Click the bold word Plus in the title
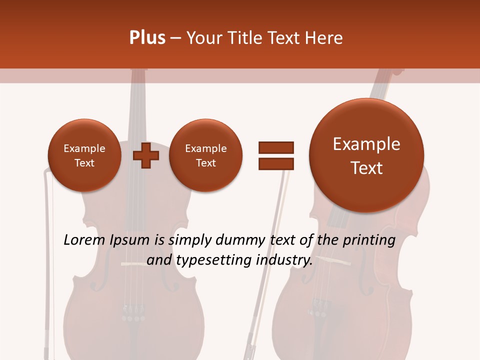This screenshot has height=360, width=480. pyautogui.click(x=147, y=38)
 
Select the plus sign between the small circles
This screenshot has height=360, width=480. pyautogui.click(x=146, y=156)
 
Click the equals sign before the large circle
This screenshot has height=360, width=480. pyautogui.click(x=275, y=155)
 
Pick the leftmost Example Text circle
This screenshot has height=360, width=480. pyautogui.click(x=84, y=155)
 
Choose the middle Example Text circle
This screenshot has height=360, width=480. pyautogui.click(x=205, y=155)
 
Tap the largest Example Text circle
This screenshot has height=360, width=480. pyautogui.click(x=366, y=155)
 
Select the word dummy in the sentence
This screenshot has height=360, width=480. pyautogui.click(x=241, y=240)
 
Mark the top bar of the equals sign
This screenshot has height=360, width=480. pyautogui.click(x=275, y=147)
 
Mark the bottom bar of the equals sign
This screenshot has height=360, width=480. pyautogui.click(x=275, y=163)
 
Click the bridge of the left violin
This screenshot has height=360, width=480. pyautogui.click(x=132, y=264)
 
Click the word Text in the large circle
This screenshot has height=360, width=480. pyautogui.click(x=366, y=168)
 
